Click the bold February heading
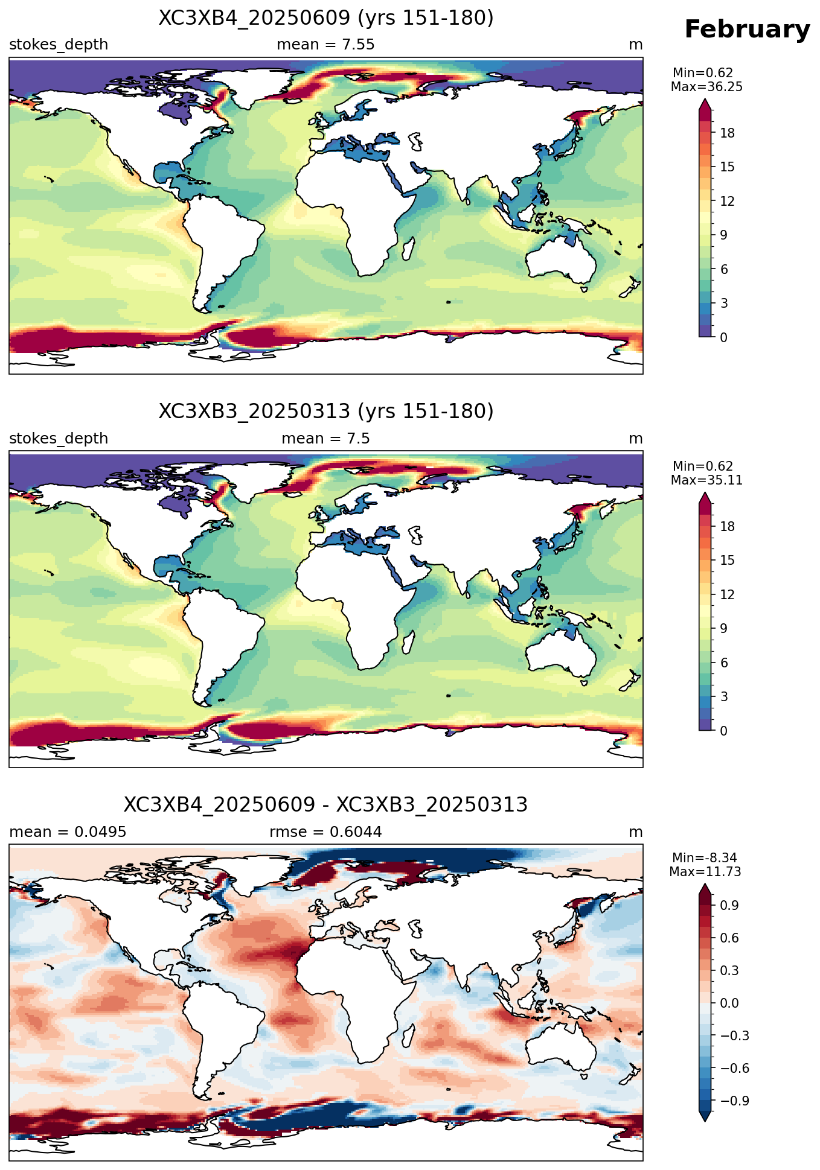747,30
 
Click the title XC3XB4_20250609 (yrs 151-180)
326,18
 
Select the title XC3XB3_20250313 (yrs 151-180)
326,412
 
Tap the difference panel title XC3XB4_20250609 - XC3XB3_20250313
326,805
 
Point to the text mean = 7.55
325,45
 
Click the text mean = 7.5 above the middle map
325,438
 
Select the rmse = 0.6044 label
325,832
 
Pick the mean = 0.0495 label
68,832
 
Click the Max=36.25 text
706,87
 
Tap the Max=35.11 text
706,480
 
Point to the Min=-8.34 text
705,858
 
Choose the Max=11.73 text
705,872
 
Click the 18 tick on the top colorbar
728,133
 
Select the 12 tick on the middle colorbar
728,595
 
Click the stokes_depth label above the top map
59,45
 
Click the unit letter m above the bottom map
636,832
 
